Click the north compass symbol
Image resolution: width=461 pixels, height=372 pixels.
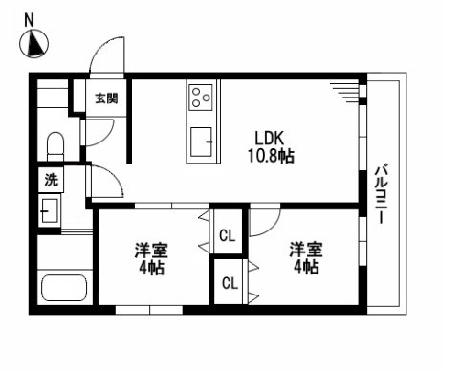(35, 44)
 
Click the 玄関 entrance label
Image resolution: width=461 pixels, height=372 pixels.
(105, 98)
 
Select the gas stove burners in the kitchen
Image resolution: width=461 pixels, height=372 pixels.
(202, 96)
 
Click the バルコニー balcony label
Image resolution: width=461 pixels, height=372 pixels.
(380, 192)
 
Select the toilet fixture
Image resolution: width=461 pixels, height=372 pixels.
(55, 148)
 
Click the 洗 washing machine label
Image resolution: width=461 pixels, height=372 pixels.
(50, 179)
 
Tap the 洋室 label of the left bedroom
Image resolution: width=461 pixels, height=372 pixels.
(151, 251)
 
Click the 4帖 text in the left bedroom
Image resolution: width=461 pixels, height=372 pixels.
(151, 269)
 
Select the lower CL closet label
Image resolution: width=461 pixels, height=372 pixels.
(229, 282)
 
